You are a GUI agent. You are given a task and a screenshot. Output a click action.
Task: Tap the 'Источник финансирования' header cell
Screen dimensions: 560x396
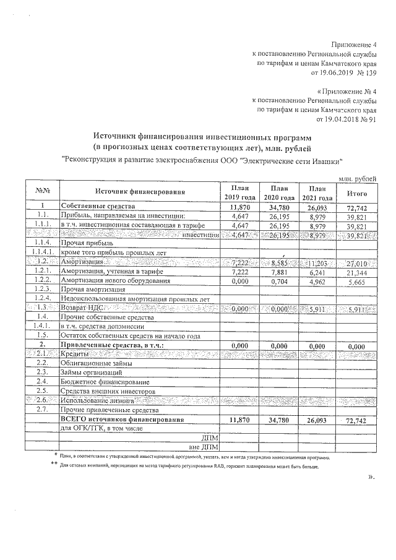pyautogui.click(x=140, y=192)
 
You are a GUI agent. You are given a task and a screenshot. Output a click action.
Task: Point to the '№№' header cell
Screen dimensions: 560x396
pyautogui.click(x=42, y=192)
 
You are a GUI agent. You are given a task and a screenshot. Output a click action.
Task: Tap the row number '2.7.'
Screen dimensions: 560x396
pyautogui.click(x=42, y=410)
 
